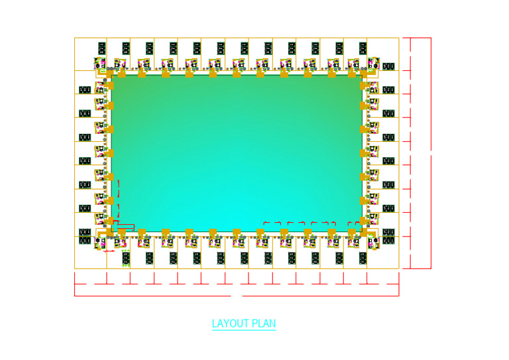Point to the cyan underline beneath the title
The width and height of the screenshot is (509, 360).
coord(243,330)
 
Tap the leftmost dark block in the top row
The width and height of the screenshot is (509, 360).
coord(102,48)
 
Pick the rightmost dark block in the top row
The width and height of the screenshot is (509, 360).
coord(363,48)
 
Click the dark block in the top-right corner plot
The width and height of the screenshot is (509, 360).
coord(389,66)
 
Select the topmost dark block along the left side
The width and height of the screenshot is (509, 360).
coord(85,90)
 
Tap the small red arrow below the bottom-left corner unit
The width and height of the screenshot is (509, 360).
coord(109,252)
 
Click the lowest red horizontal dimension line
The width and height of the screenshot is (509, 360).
coord(237,296)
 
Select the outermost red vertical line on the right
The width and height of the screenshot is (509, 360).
coord(431,152)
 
